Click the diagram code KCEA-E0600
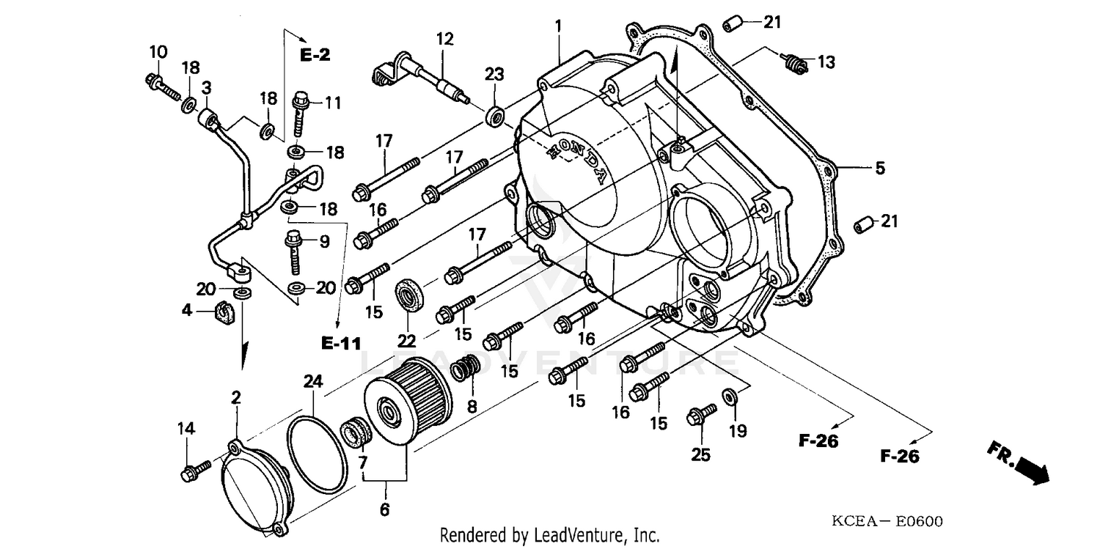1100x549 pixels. point(887,522)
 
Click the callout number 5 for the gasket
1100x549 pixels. point(879,169)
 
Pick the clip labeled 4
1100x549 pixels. point(222,312)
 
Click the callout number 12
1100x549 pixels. point(445,38)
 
